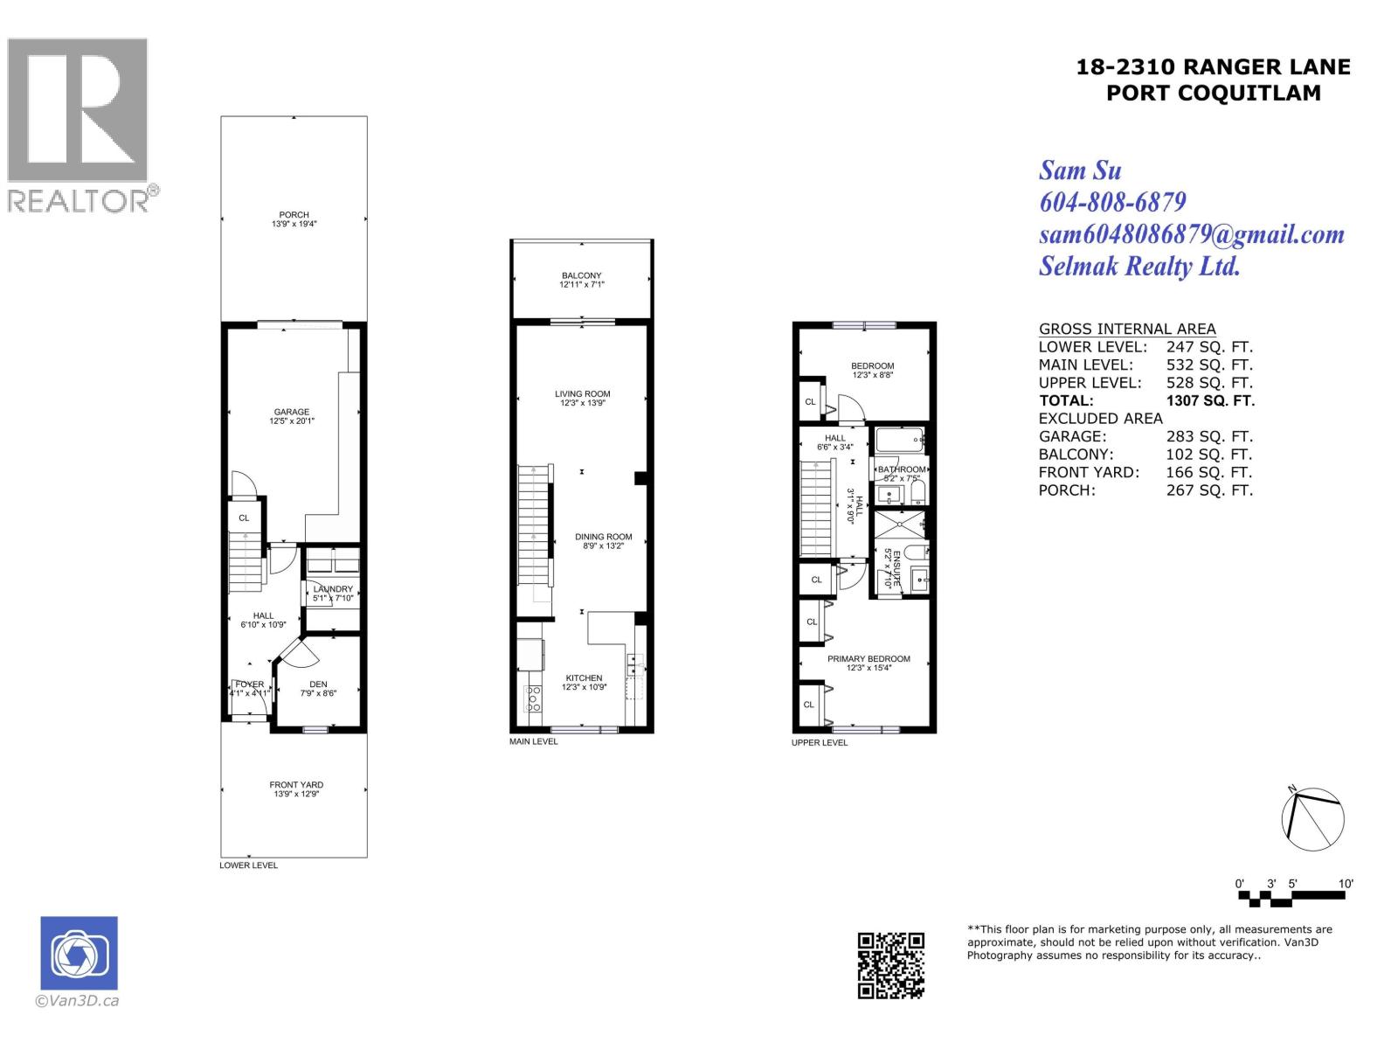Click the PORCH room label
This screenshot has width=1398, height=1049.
pyautogui.click(x=294, y=215)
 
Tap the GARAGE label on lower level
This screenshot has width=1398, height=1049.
pyautogui.click(x=292, y=412)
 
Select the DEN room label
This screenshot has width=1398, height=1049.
pyautogui.click(x=318, y=684)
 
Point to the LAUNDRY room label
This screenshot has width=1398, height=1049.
pyautogui.click(x=333, y=589)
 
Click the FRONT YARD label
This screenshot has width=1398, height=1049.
pyautogui.click(x=296, y=785)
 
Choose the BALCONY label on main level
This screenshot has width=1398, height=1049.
pyautogui.click(x=582, y=276)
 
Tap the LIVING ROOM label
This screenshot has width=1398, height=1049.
pyautogui.click(x=582, y=394)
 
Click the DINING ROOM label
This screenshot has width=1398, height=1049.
pyautogui.click(x=603, y=538)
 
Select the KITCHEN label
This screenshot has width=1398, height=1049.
pyautogui.click(x=584, y=678)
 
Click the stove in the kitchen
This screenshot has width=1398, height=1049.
pyautogui.click(x=532, y=698)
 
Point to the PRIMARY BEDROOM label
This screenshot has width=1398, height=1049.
pyautogui.click(x=869, y=659)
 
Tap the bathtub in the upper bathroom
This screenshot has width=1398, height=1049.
pyautogui.click(x=898, y=439)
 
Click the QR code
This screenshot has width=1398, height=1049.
pyautogui.click(x=890, y=965)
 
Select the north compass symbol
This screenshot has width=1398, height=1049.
pyautogui.click(x=1312, y=818)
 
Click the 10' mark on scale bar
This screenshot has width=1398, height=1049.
pyautogui.click(x=1346, y=884)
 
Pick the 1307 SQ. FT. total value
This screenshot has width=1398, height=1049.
pyautogui.click(x=1210, y=400)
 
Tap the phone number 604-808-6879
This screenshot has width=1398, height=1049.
pyautogui.click(x=1112, y=202)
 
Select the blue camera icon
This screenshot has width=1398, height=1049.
pyautogui.click(x=79, y=953)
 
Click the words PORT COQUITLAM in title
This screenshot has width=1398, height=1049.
pyautogui.click(x=1214, y=93)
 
